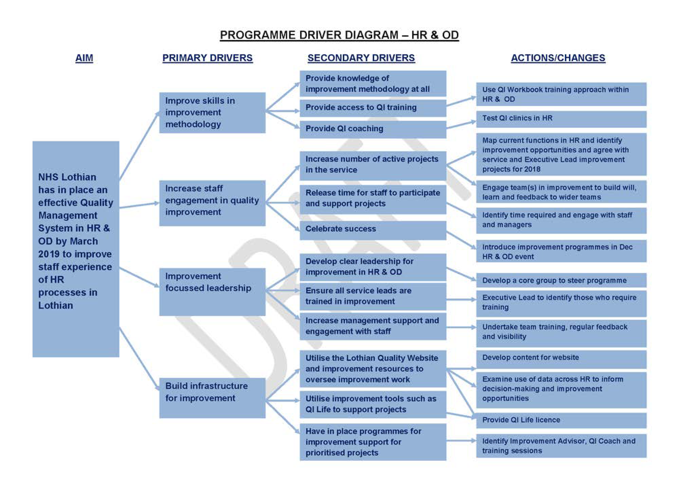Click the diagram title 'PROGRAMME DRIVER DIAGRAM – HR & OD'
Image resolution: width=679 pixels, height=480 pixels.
click(x=339, y=35)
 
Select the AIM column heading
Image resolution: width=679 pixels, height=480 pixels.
click(x=84, y=58)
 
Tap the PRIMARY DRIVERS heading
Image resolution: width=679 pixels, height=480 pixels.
click(x=207, y=58)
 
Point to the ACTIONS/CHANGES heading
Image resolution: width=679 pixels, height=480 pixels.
click(x=558, y=58)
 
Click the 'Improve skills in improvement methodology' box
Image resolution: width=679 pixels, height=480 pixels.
click(x=212, y=113)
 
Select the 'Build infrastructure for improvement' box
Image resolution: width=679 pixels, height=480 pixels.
click(x=212, y=397)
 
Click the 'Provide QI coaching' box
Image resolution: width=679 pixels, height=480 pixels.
click(x=373, y=129)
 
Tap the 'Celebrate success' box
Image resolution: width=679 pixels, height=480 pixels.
click(x=373, y=230)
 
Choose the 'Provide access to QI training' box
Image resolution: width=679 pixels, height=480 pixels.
click(x=373, y=108)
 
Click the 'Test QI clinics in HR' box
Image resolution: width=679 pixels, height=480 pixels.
click(x=561, y=119)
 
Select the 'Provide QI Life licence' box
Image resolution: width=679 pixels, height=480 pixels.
click(x=561, y=420)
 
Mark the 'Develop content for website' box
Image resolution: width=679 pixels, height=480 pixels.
click(x=561, y=359)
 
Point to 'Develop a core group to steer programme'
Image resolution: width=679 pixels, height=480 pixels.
click(x=561, y=280)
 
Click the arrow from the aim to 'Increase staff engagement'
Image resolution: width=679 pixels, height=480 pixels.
click(x=139, y=205)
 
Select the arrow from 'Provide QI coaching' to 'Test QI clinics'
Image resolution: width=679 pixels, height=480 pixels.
click(x=461, y=124)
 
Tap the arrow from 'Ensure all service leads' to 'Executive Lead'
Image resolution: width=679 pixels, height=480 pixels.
click(x=461, y=300)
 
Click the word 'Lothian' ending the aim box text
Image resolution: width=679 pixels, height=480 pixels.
click(x=56, y=305)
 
